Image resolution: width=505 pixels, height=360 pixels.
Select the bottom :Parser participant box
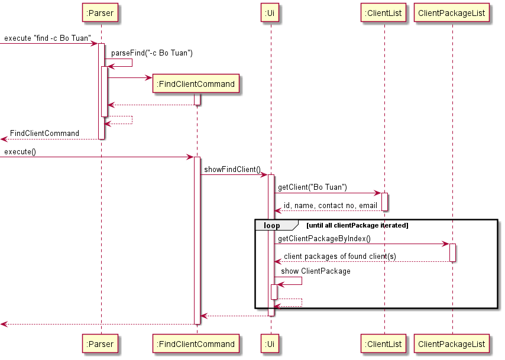(x=101, y=344)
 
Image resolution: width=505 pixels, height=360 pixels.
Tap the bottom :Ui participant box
(x=270, y=344)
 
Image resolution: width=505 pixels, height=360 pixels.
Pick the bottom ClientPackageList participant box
(x=452, y=344)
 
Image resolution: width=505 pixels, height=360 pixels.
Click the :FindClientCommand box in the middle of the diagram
(x=196, y=84)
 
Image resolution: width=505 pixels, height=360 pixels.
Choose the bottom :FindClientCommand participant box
(x=196, y=344)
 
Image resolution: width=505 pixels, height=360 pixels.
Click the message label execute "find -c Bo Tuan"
(x=48, y=38)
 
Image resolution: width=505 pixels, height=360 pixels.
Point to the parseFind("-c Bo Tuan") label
(x=152, y=53)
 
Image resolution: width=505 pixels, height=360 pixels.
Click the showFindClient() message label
(x=232, y=170)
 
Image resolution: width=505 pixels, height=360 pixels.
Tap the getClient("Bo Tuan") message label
(x=312, y=187)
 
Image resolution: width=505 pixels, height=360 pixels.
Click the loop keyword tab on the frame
(x=272, y=225)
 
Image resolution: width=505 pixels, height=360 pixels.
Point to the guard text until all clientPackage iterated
(x=357, y=225)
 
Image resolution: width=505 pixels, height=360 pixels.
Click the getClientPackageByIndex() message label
(x=324, y=239)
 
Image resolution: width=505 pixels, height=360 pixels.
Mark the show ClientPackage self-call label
(x=316, y=271)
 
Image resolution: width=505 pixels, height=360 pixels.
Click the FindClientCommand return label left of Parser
(x=44, y=134)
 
